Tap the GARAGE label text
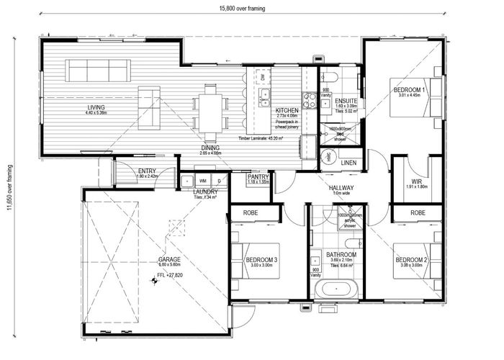[170, 259]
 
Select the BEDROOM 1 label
[409, 89]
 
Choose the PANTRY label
[258, 176]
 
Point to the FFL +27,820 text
[170, 275]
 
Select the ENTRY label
[147, 171]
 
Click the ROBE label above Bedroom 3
[251, 213]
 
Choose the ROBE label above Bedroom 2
[416, 213]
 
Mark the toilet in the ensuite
[332, 76]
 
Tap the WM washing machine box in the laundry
[203, 180]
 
